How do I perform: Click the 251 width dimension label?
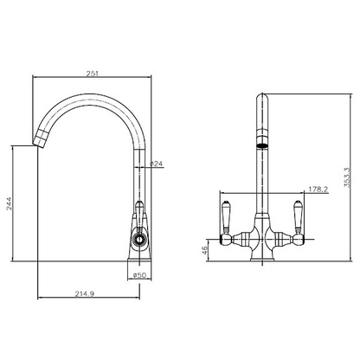point(93,74)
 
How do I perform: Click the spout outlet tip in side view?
point(40,141)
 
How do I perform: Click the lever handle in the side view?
point(138,213)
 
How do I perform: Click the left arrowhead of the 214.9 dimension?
point(41,300)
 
